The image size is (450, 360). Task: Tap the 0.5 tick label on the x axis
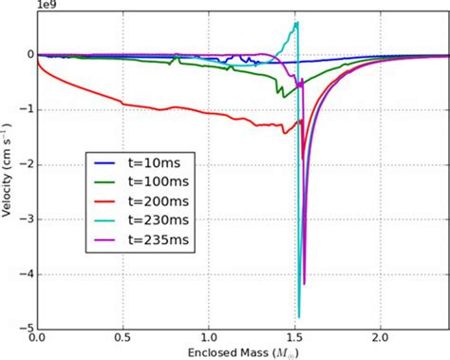pos(122,336)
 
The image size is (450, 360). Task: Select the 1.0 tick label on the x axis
pos(209,336)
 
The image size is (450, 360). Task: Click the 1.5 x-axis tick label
pos(295,336)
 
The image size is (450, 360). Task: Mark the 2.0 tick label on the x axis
pos(382,336)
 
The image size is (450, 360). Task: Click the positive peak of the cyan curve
pos(297,22)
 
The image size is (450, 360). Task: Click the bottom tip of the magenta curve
pos(305,284)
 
